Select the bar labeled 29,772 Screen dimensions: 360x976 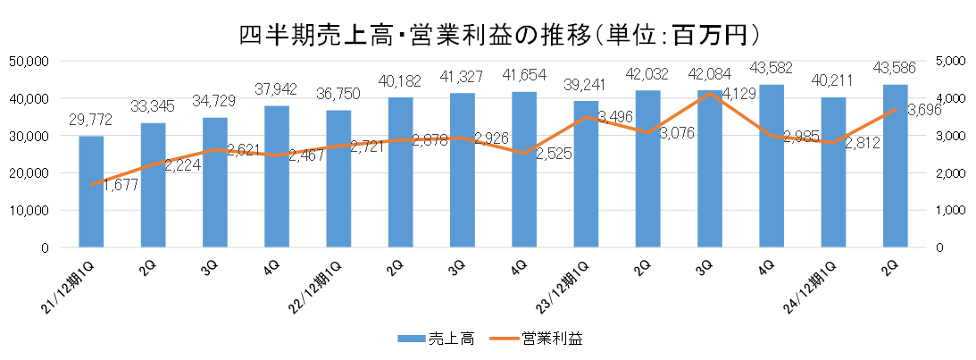[x=91, y=191]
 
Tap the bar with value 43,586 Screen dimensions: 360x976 [x=895, y=165]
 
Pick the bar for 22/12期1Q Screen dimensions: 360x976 [x=338, y=179]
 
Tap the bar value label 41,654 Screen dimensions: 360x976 [x=523, y=75]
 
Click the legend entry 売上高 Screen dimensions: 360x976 [x=436, y=338]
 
